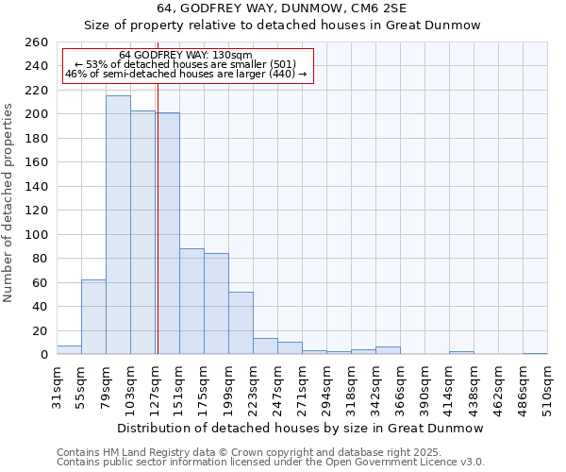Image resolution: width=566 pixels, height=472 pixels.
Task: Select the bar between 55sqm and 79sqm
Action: click(93, 317)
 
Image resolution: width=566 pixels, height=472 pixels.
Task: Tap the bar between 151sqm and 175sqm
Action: click(191, 301)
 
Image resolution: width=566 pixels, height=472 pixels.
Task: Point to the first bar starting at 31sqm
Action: click(69, 350)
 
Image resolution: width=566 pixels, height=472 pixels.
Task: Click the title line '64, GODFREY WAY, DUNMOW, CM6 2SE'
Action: click(282, 9)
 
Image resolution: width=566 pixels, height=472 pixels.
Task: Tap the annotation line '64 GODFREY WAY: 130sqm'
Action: click(186, 56)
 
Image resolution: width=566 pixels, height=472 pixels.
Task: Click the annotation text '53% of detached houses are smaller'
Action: click(186, 64)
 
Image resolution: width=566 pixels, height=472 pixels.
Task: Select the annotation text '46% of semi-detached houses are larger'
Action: click(186, 74)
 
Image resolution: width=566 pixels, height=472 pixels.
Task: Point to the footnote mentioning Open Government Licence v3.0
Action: click(270, 462)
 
